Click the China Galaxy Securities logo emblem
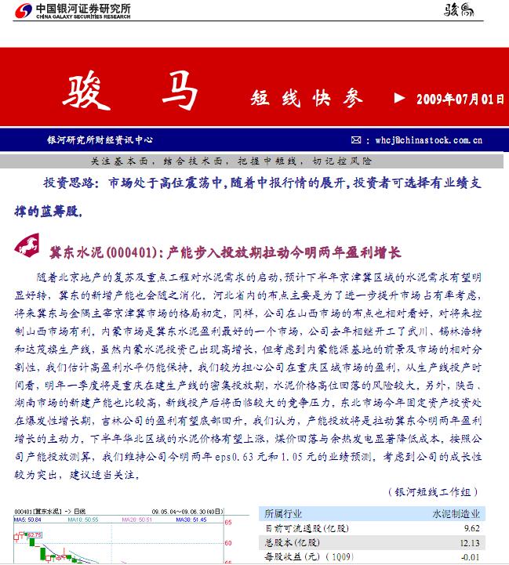24,9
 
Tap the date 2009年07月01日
459,99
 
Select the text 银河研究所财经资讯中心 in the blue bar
100,140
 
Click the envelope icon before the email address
357,140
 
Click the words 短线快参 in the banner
307,98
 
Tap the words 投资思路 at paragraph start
71,183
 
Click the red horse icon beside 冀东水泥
29,249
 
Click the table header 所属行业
284,514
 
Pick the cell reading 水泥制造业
458,514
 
